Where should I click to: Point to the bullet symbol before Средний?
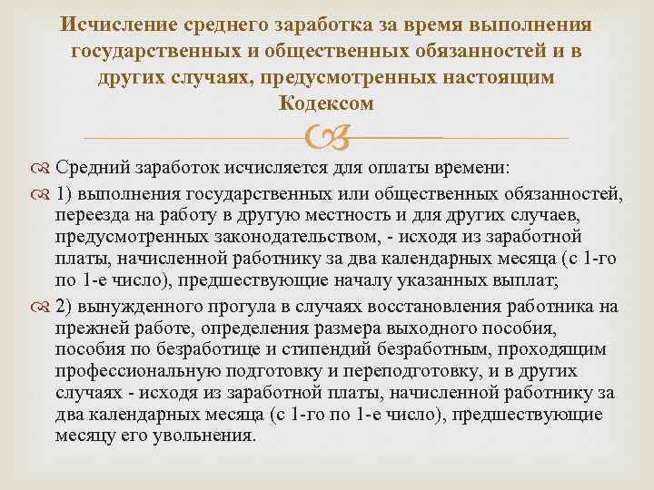coord(44,169)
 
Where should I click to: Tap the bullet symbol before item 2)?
coord(44,304)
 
